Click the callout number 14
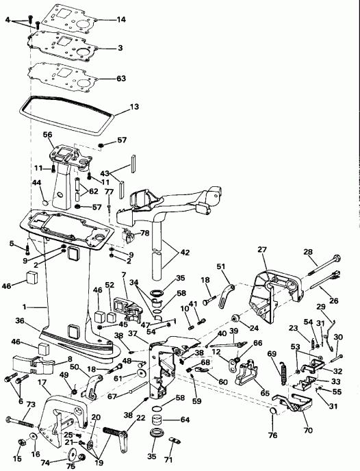coord(121,21)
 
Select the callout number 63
coord(121,79)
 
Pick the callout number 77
coord(108,192)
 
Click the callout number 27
coord(263,250)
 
